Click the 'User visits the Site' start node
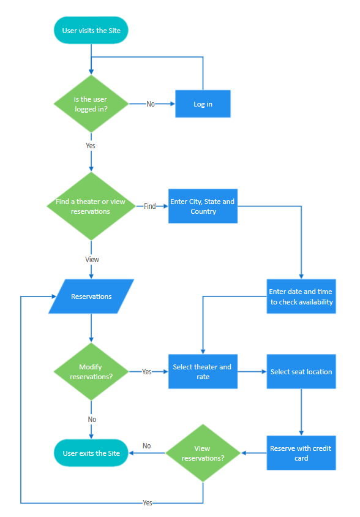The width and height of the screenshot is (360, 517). pos(91,31)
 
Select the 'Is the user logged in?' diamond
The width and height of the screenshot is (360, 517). pos(91,104)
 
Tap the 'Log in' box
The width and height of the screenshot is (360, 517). pos(203,104)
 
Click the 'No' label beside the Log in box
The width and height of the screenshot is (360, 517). pos(151,104)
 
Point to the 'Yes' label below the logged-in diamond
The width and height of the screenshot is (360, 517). pos(91,146)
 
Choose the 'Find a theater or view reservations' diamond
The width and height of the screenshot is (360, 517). pos(91,206)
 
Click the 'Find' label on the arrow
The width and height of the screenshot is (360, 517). pos(150,206)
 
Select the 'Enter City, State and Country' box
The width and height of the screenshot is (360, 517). pos(203,206)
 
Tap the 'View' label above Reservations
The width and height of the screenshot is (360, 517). pos(92,260)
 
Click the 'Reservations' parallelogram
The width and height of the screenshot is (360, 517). pos(91,296)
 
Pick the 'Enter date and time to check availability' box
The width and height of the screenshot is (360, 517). pos(301,296)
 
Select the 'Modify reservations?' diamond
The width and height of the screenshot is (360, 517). pos(91,372)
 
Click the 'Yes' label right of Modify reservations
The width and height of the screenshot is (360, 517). pos(147,372)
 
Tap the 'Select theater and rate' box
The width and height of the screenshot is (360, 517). pos(203,372)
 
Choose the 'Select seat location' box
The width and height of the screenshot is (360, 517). pos(301,372)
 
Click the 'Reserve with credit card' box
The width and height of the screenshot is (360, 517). pos(301,453)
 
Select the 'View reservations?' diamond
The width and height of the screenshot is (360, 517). pos(203,453)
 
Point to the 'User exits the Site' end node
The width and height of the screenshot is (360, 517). pos(91,453)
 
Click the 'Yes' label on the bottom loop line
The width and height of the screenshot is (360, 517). pos(148,503)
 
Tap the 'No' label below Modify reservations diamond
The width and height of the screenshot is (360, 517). pos(92,420)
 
